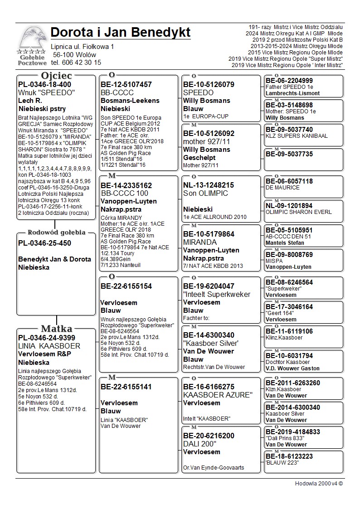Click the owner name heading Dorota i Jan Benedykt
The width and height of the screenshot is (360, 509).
point(121,33)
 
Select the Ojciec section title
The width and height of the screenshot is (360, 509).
point(56,76)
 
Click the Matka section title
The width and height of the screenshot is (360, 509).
point(56,329)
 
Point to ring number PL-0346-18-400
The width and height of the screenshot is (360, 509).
point(44,84)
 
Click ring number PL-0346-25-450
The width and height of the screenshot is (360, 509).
point(44,243)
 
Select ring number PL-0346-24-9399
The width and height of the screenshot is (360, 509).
point(47,338)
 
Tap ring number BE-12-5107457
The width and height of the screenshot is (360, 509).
point(126,84)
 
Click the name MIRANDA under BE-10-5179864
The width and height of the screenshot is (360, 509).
point(200,242)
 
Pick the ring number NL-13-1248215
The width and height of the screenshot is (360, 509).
point(209,185)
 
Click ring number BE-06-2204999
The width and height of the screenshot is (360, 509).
point(289,81)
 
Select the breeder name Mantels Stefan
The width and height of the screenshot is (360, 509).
point(285,243)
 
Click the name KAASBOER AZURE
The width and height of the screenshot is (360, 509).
point(217,395)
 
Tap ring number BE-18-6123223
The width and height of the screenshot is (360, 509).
point(289,456)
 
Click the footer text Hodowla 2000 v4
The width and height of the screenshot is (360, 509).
point(319,483)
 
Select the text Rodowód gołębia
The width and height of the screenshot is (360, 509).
point(56,233)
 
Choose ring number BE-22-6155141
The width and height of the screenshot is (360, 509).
point(126,387)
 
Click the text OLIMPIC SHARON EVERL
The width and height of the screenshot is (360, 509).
point(299,212)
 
